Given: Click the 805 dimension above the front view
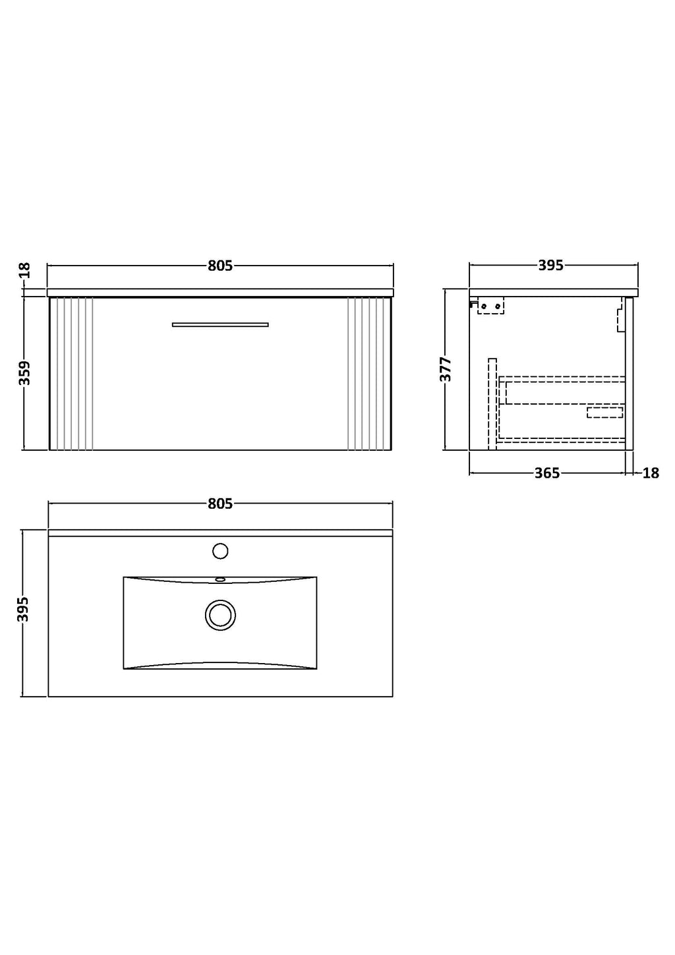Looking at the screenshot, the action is click(x=220, y=266).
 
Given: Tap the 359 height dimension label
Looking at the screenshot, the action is click(x=25, y=373).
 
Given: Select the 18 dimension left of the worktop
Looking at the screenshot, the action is click(x=25, y=270).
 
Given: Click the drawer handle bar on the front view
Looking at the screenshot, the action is click(x=220, y=324).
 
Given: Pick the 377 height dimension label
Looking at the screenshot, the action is click(x=446, y=369).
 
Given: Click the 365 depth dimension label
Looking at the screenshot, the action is click(x=547, y=473).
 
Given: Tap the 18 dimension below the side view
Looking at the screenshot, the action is click(x=651, y=473).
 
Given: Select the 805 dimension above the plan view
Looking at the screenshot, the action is click(x=220, y=504).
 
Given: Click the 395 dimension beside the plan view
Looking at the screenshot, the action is click(x=24, y=609).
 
